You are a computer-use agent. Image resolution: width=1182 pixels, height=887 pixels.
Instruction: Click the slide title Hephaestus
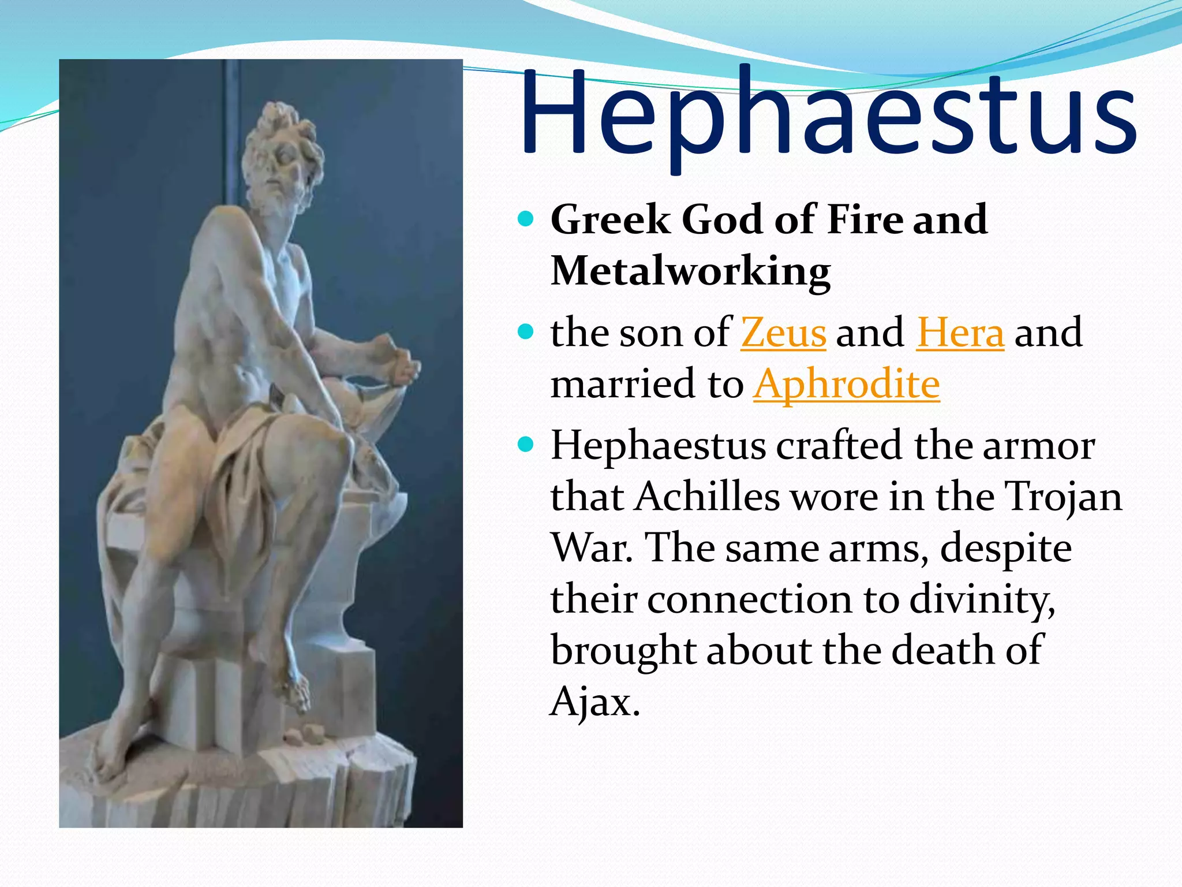[x=828, y=115]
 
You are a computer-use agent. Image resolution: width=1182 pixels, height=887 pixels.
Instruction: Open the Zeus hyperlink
[x=783, y=333]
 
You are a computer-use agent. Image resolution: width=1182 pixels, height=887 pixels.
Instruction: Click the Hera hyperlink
[x=960, y=333]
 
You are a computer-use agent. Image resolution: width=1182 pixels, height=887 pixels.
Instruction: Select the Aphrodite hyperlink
[x=847, y=385]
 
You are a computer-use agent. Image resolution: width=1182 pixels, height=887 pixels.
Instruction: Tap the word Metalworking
[x=691, y=271]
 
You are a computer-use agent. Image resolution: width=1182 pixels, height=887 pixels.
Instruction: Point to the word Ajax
[x=594, y=702]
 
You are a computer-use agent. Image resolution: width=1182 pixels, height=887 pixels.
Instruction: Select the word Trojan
[x=1063, y=498]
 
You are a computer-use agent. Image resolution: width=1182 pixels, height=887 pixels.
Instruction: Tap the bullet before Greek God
[x=525, y=219]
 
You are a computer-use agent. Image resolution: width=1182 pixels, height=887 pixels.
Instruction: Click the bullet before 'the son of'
[x=525, y=332]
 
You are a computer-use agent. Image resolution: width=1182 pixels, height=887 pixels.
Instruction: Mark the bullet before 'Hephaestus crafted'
[x=525, y=445]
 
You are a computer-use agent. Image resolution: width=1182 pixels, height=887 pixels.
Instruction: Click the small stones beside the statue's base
[x=305, y=735]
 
